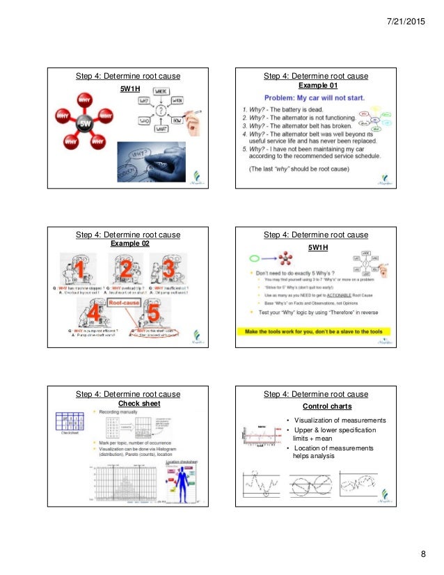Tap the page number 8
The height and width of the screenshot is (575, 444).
422,554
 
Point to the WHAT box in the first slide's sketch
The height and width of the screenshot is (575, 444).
161,129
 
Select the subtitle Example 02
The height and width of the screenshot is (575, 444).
130,244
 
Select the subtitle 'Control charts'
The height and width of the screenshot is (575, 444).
327,406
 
